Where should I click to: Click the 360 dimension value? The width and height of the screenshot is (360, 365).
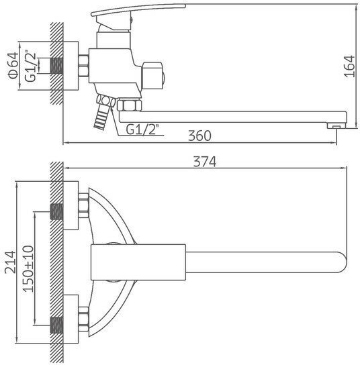pos(199,136)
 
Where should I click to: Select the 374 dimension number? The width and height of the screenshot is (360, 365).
pos(205,162)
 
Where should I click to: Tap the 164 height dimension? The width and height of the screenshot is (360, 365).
pos(349,66)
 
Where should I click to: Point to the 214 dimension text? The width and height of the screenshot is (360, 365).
pos(11,262)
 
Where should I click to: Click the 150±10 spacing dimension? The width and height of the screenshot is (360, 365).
pos(28,269)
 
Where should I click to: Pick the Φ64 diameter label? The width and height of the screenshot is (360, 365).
pos(13,66)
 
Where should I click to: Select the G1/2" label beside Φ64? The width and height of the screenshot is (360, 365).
pos(30,66)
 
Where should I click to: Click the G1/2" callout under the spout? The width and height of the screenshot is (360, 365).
pos(142,129)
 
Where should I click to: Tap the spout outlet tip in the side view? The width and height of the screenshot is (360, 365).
pos(336,126)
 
